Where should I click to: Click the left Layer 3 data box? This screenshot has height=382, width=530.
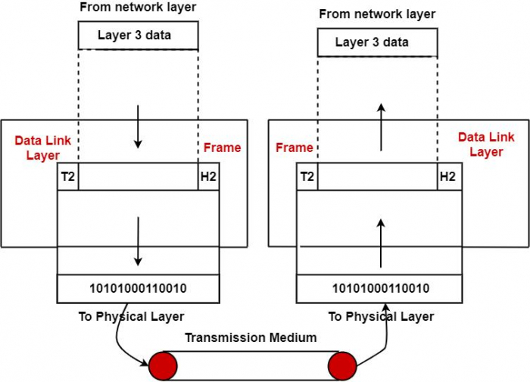138,36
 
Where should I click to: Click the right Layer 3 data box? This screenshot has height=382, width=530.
376,42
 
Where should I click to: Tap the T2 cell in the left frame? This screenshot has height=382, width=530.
67,176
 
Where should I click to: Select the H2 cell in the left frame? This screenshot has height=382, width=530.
208,176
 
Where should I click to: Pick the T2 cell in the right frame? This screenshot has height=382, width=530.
307,176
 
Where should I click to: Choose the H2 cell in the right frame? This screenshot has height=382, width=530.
447,176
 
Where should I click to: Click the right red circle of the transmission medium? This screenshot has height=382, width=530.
342,365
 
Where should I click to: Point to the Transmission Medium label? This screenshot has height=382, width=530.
251,337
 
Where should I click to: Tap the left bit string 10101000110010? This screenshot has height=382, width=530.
138,288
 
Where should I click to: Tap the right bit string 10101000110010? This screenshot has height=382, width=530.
381,288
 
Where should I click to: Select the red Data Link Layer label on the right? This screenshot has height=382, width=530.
485,144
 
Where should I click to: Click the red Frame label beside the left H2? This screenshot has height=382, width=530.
223,148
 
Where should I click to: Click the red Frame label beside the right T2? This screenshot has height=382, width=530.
295,148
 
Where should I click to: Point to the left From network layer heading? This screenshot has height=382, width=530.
137,7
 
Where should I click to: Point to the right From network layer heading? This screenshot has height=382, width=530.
377,14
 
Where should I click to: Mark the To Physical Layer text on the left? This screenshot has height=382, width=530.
131,316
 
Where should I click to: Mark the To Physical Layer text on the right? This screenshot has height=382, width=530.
381,316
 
